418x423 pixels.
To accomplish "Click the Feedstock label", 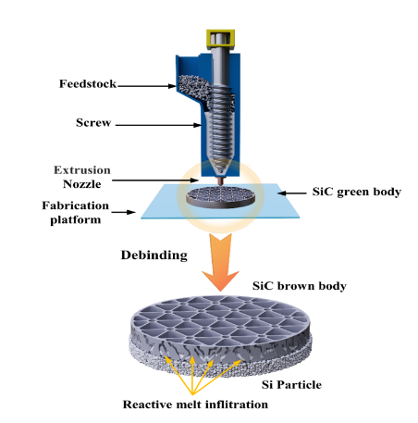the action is (88, 83).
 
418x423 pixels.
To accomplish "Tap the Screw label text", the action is (93, 122).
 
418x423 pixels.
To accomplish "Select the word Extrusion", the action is (82, 170).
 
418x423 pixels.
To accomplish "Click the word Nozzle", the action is (82, 184).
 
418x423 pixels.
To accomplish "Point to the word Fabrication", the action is (76, 205).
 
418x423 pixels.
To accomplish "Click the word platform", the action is (76, 220).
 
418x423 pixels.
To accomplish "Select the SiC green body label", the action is (357, 192).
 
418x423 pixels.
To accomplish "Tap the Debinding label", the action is (154, 255).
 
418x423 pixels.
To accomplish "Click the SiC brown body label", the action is (300, 286).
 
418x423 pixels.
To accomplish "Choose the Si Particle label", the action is (291, 385).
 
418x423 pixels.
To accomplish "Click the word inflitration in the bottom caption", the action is (237, 404).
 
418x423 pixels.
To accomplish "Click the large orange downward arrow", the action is (220, 262).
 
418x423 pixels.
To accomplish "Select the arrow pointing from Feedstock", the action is (147, 86).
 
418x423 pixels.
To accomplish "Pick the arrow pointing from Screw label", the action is (158, 125).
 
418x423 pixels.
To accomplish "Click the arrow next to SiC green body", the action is (292, 193).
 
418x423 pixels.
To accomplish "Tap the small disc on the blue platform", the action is (221, 197).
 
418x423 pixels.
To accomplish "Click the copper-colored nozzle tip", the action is (220, 181).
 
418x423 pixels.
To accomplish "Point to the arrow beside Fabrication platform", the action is (123, 212).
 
